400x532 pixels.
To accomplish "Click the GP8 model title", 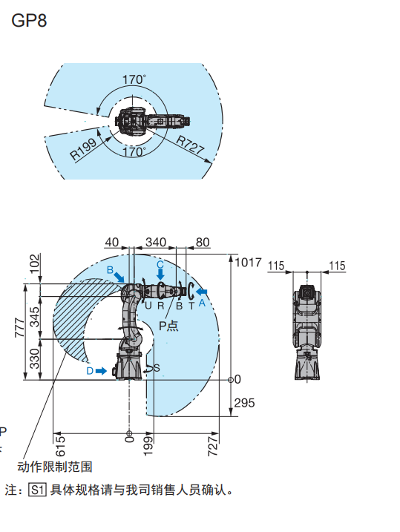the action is (x=29, y=21).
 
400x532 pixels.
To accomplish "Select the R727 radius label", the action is (x=190, y=145).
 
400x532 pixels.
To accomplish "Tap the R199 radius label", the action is (x=83, y=149).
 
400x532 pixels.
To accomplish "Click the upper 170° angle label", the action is (x=134, y=79).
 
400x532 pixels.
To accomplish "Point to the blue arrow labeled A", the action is (x=202, y=292).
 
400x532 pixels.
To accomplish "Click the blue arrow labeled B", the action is (x=119, y=277).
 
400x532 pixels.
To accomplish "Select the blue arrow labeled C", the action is (x=160, y=274).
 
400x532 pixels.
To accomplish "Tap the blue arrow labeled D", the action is (x=101, y=371).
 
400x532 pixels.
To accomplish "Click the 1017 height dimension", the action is (x=248, y=262).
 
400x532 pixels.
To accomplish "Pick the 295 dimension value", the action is (x=244, y=403).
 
